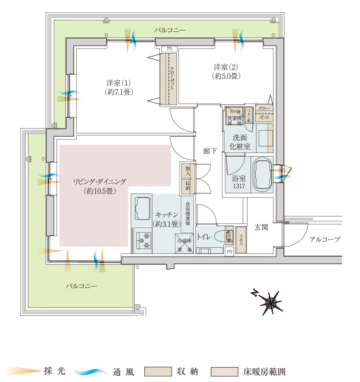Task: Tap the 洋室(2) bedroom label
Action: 225,67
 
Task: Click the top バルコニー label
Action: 170,31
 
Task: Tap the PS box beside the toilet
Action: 229,251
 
